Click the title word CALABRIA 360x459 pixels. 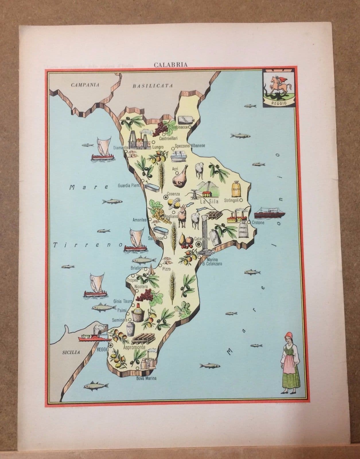tap(171, 65)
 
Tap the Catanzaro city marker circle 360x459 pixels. tap(199, 244)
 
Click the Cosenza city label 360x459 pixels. tap(174, 194)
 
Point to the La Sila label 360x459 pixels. tap(209, 201)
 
